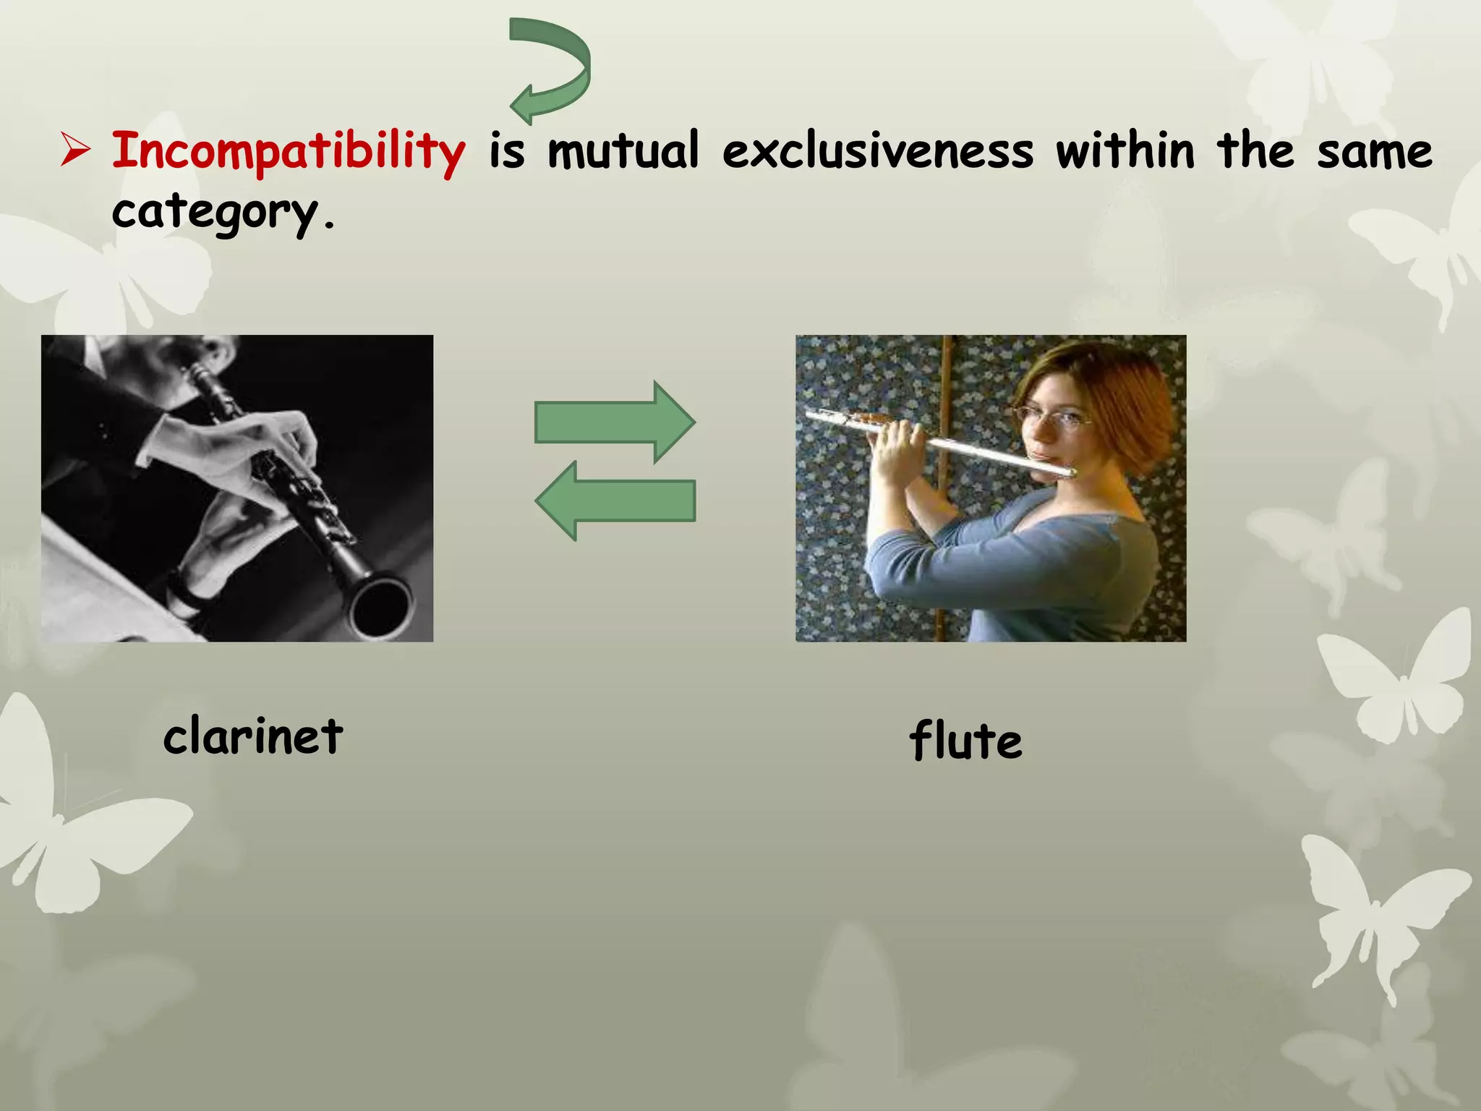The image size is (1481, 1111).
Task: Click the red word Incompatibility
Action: [288, 152]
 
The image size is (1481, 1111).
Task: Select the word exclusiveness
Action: [878, 152]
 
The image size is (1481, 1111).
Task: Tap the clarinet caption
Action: [253, 736]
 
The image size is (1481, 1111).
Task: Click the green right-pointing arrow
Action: [615, 422]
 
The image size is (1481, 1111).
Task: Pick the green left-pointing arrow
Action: [615, 501]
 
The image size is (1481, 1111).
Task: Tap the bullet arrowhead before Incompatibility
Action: [75, 150]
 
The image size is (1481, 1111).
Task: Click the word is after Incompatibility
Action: [507, 152]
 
